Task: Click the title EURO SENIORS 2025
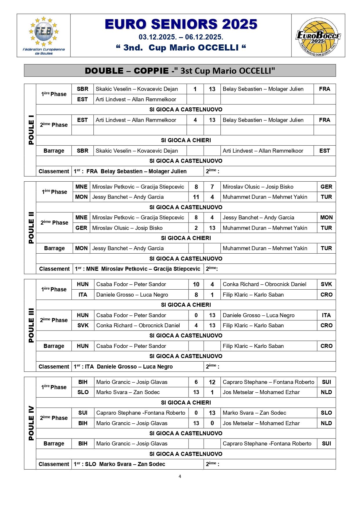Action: pos(181,24)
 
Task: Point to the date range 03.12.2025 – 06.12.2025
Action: pos(181,37)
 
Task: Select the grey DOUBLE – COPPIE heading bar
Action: pos(180,71)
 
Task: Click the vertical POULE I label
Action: pos(31,130)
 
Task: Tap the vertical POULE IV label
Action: pos(31,423)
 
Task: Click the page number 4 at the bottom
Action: pos(180,476)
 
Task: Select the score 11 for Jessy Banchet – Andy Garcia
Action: pos(196,197)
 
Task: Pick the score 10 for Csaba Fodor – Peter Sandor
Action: pos(196,284)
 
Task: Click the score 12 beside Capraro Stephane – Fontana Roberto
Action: pos(212,382)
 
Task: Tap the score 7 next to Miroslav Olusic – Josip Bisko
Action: pos(212,187)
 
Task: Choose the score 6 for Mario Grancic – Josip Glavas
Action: pos(196,382)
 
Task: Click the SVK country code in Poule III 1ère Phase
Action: pos(326,284)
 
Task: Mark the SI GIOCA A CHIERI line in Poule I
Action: pos(186,140)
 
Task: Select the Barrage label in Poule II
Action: pos(54,248)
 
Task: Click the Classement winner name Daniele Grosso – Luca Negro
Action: pos(135,367)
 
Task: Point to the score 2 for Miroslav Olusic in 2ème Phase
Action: pos(196,228)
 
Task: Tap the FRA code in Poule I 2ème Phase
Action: pos(324,120)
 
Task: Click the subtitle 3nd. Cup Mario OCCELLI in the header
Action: pos(181,48)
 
